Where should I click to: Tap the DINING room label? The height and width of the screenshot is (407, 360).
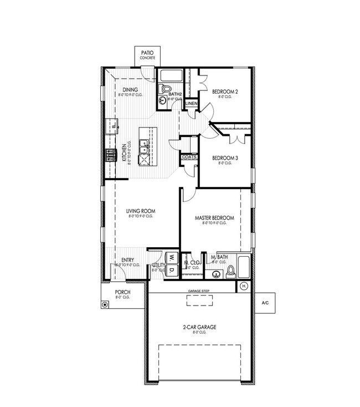pyautogui.click(x=130, y=89)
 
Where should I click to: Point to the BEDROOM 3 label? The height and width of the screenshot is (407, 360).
pyautogui.click(x=225, y=158)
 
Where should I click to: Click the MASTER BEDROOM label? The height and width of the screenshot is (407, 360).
pyautogui.click(x=214, y=218)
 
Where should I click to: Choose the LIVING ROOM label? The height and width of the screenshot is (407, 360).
pyautogui.click(x=140, y=211)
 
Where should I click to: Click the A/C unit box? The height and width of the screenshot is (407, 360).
pyautogui.click(x=265, y=303)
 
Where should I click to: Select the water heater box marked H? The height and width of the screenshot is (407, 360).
pyautogui.click(x=244, y=286)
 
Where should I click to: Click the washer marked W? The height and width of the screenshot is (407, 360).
pyautogui.click(x=172, y=257)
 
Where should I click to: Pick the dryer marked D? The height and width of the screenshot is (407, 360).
pyautogui.click(x=172, y=269)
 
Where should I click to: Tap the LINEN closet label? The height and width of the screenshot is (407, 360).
pyautogui.click(x=191, y=104)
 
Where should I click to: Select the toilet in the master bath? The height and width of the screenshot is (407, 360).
pyautogui.click(x=230, y=271)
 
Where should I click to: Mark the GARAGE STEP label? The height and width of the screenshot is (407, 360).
pyautogui.click(x=201, y=291)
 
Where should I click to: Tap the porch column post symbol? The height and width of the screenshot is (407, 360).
pyautogui.click(x=105, y=304)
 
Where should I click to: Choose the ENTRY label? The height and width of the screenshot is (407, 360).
pyautogui.click(x=128, y=260)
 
